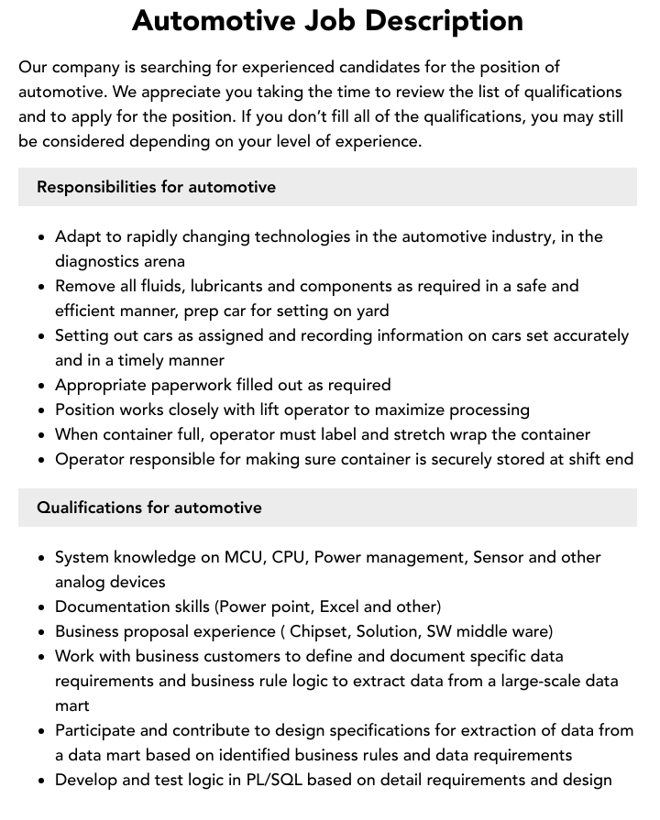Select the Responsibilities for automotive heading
156,187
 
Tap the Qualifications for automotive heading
149,508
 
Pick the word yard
368,311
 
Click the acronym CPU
289,557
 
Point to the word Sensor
498,557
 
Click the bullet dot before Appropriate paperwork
42,386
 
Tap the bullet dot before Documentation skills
42,607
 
